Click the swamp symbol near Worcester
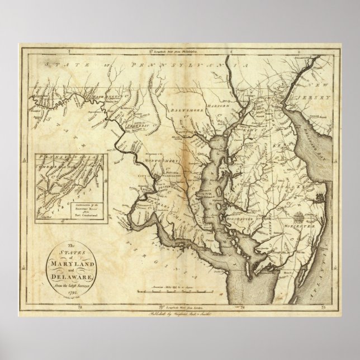click(297, 217)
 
